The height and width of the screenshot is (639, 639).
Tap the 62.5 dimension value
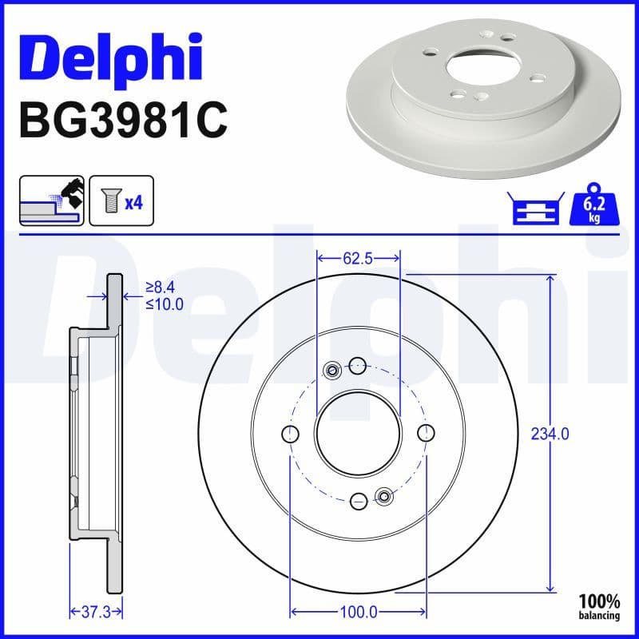(359, 259)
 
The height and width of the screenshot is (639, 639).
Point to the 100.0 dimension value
(359, 612)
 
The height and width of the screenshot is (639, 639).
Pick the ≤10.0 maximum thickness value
(164, 304)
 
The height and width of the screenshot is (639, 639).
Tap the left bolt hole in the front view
(291, 434)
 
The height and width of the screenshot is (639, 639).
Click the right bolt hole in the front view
(426, 433)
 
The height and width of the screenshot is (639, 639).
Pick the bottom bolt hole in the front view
(359, 500)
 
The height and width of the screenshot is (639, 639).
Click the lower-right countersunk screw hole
(384, 497)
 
